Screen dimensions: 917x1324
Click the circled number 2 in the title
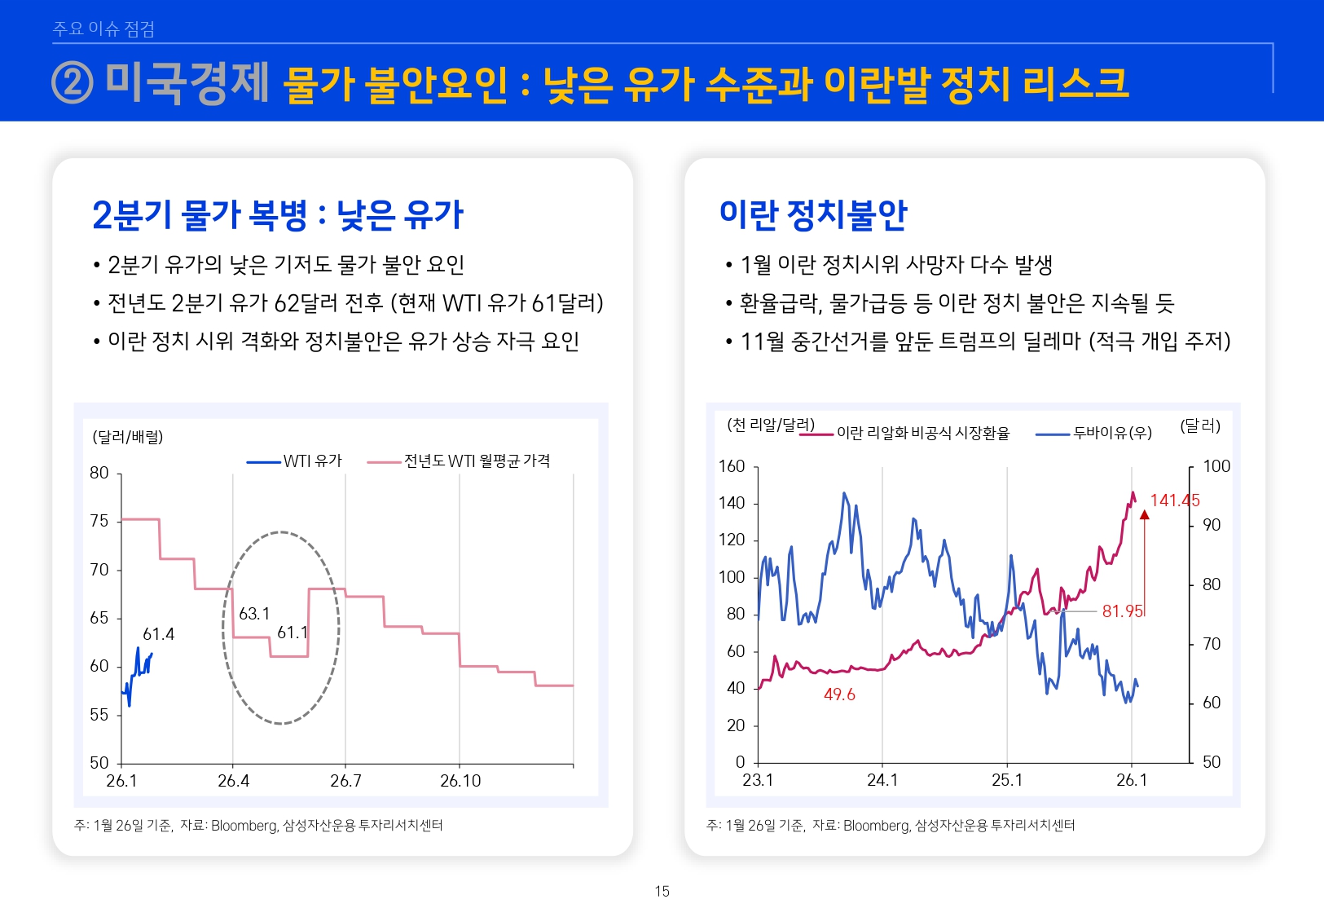pyautogui.click(x=73, y=83)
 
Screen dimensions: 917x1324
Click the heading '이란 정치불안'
pyautogui.click(x=812, y=214)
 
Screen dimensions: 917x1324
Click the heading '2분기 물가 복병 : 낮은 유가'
pyautogui.click(x=277, y=215)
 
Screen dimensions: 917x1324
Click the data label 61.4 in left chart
pyautogui.click(x=158, y=634)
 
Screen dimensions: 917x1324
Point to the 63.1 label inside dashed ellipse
pyautogui.click(x=254, y=614)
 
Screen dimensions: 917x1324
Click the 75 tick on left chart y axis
pyautogui.click(x=99, y=521)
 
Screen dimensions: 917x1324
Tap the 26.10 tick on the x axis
pyautogui.click(x=460, y=781)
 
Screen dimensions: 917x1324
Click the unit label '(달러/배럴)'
pyautogui.click(x=128, y=437)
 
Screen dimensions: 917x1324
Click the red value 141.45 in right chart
pyautogui.click(x=1174, y=500)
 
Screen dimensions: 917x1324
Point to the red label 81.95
pyautogui.click(x=1123, y=611)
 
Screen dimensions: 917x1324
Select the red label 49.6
pyautogui.click(x=839, y=694)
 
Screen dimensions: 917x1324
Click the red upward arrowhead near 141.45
pyautogui.click(x=1144, y=515)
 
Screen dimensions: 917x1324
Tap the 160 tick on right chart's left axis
pyautogui.click(x=732, y=466)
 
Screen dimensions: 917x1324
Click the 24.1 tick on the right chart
pyautogui.click(x=882, y=780)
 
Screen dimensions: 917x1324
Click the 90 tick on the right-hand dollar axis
pyautogui.click(x=1212, y=525)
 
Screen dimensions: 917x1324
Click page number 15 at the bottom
pyautogui.click(x=662, y=891)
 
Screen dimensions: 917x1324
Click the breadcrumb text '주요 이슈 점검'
pyautogui.click(x=103, y=29)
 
